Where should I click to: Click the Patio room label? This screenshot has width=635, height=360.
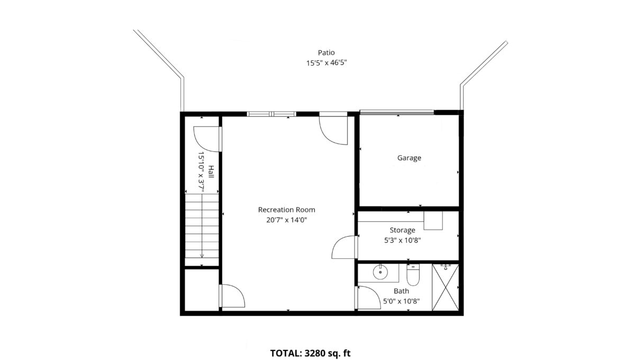(326, 52)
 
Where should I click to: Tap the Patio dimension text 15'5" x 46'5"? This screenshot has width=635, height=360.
(326, 62)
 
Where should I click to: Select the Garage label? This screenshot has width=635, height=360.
(409, 158)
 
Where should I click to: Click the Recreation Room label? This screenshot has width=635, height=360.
(286, 210)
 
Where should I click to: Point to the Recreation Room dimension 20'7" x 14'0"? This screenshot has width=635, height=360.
(286, 220)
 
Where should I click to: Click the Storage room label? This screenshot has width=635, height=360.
(402, 230)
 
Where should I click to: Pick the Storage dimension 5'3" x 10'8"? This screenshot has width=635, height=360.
(402, 240)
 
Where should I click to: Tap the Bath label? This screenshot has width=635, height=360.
(401, 291)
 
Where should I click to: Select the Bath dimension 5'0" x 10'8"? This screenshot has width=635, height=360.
(401, 301)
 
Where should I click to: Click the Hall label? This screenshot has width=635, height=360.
(211, 172)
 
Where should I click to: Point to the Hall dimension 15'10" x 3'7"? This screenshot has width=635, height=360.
(201, 172)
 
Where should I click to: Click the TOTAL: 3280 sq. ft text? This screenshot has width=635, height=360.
(310, 353)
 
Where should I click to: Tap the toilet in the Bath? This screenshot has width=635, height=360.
(413, 275)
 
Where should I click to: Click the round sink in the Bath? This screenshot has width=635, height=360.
(380, 272)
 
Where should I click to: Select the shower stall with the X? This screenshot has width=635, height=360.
(446, 287)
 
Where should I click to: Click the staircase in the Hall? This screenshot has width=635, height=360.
(202, 230)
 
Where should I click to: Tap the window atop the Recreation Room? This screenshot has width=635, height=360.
(271, 114)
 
